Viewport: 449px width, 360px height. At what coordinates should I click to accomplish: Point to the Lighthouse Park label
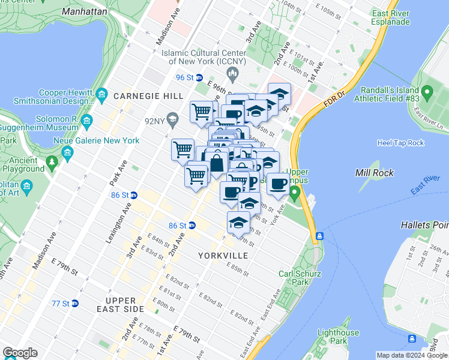338,337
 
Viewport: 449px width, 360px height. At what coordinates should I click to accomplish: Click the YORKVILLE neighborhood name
223,256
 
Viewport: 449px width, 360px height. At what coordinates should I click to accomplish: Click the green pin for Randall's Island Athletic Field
427,92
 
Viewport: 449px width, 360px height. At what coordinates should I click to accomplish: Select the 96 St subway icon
199,77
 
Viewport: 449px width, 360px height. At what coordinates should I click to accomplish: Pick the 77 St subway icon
75,304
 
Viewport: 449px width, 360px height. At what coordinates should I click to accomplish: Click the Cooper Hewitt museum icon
101,95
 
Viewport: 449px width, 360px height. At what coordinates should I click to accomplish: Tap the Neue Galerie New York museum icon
67,152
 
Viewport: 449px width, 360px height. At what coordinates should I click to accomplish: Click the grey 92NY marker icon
172,118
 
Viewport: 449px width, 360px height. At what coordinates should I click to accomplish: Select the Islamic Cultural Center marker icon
234,73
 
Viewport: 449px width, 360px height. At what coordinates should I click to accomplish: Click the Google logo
20,353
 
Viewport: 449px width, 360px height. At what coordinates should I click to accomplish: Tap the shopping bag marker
215,162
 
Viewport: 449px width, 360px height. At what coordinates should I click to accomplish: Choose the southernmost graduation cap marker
238,223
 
